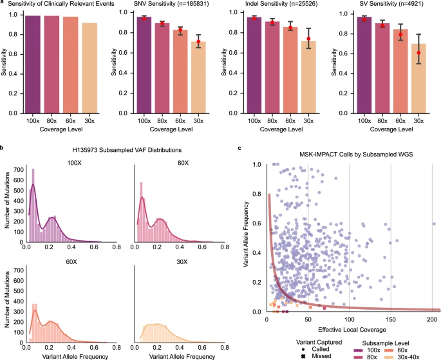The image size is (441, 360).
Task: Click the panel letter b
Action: [x=3, y=149]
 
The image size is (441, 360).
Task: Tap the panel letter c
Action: [x=240, y=149]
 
